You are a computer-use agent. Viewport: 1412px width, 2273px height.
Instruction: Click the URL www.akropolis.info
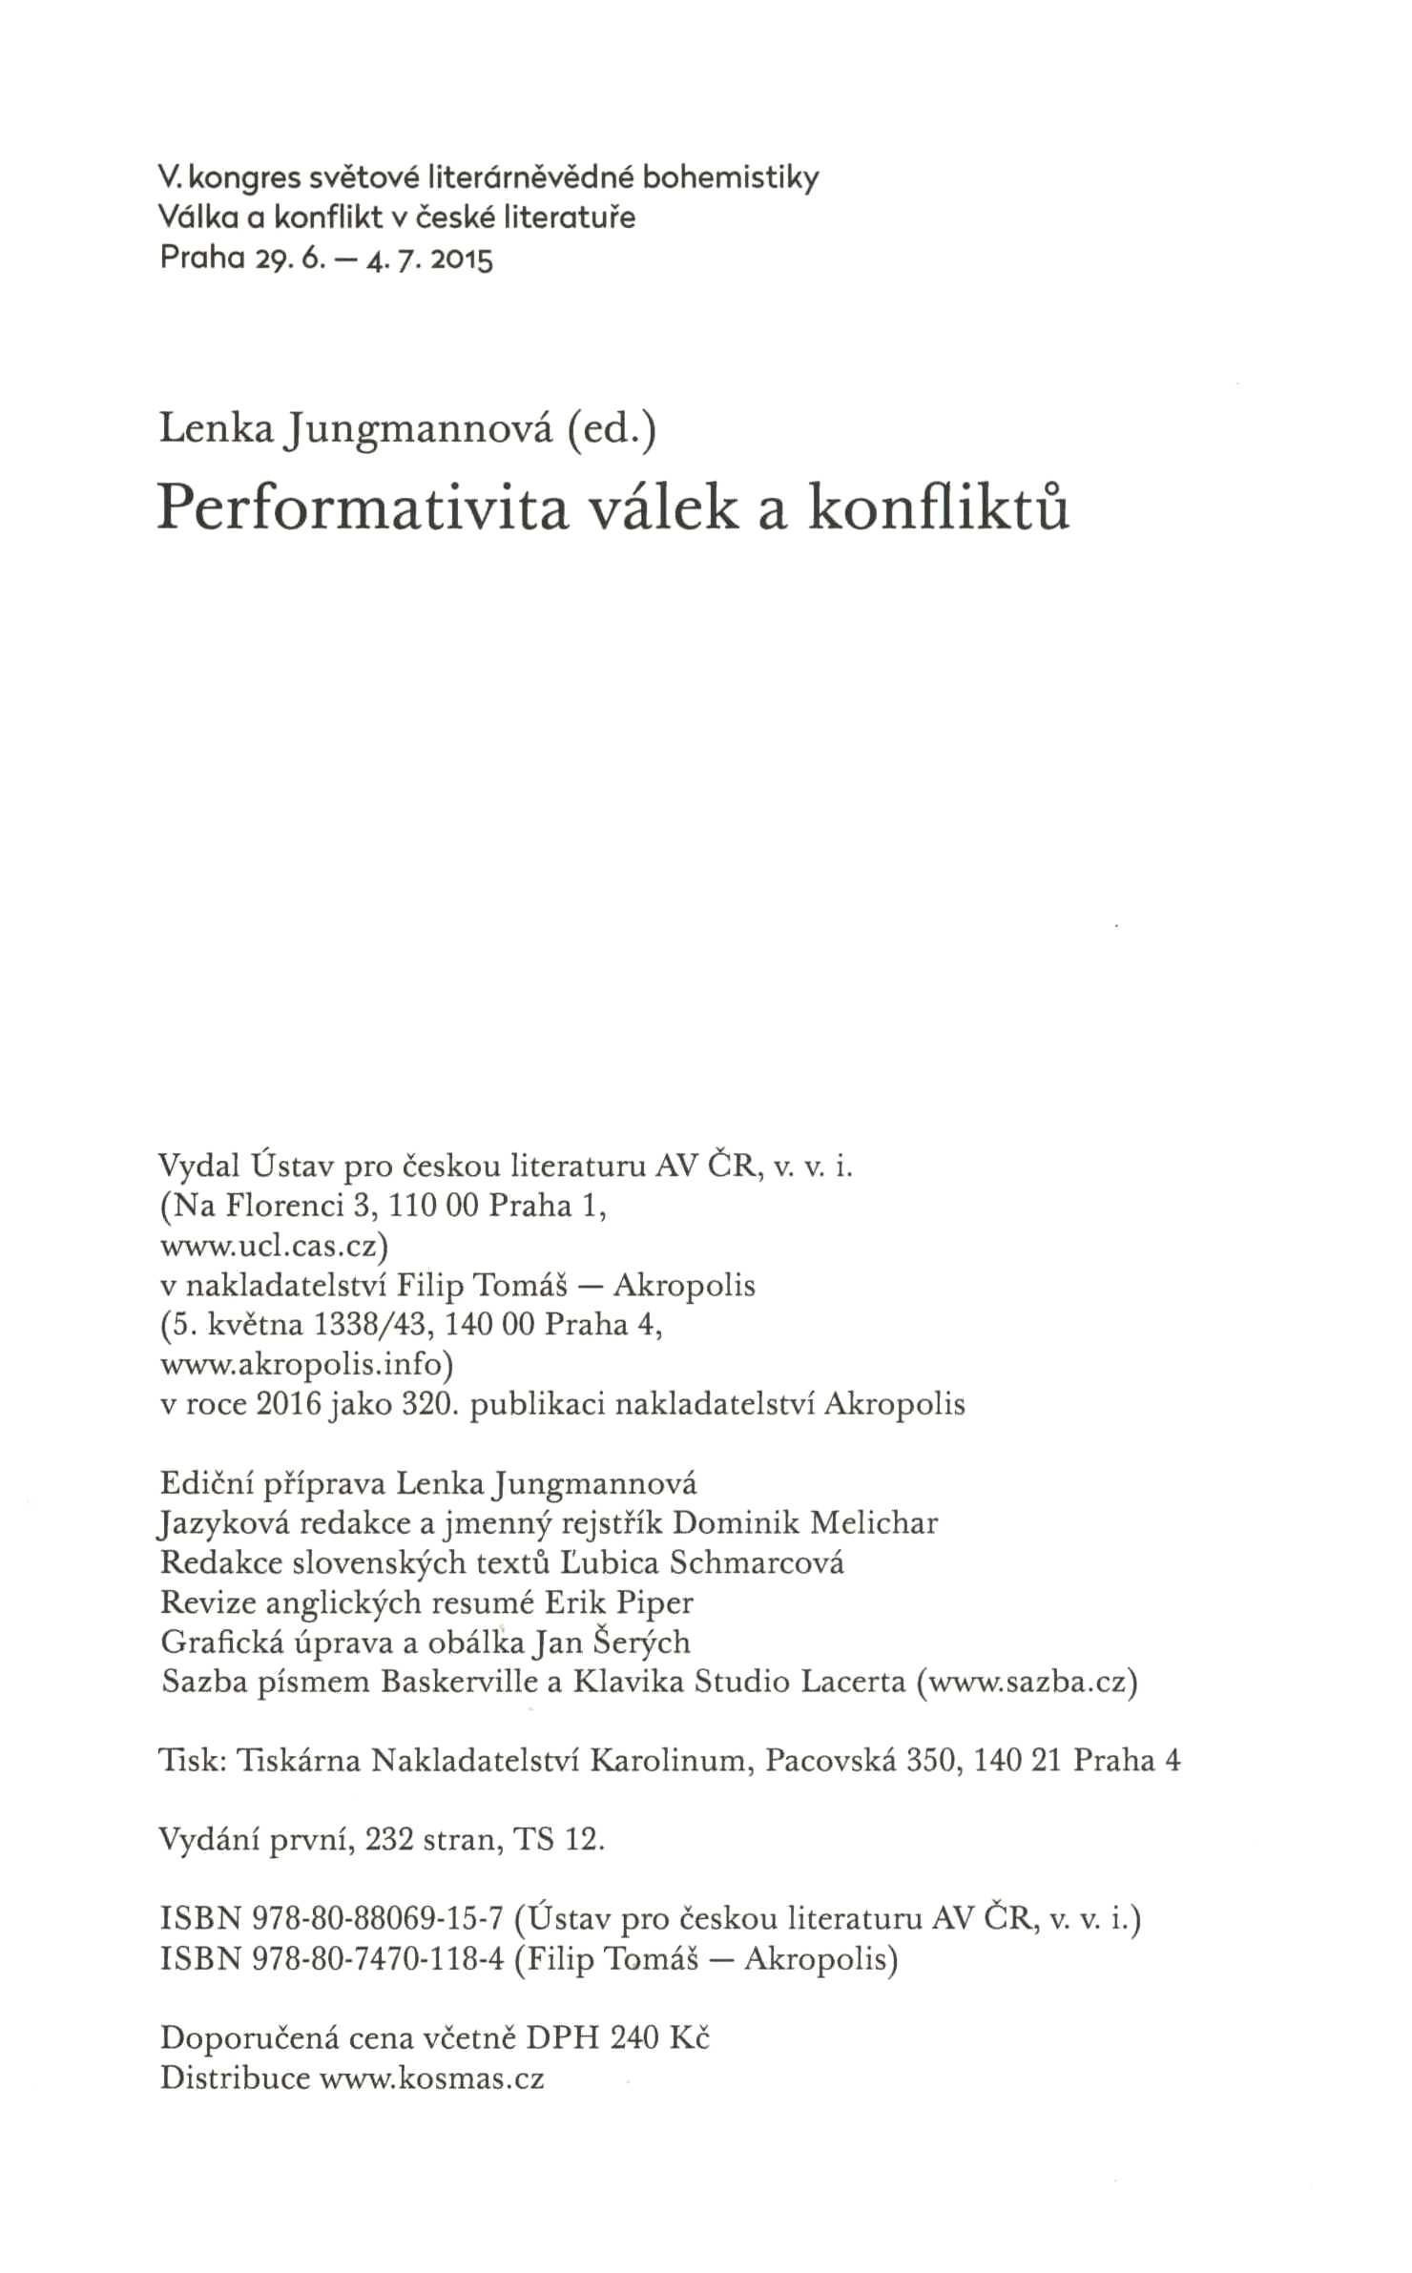click(x=306, y=1366)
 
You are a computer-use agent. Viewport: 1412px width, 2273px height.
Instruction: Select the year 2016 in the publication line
click(x=289, y=1405)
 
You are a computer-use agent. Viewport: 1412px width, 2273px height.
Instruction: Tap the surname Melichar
click(x=873, y=1523)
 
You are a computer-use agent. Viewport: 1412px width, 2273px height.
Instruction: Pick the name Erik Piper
click(x=618, y=1602)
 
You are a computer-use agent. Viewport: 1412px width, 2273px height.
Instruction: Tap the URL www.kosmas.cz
click(x=432, y=2077)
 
